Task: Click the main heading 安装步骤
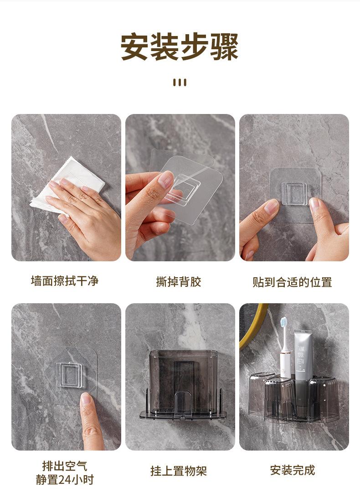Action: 180,47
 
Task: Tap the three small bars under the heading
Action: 180,83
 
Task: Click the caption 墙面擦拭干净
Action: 65,281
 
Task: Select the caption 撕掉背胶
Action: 179,282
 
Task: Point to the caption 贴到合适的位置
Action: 292,282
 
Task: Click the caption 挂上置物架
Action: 179,471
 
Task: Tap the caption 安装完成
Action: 293,470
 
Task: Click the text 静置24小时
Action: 65,480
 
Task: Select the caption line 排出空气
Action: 65,466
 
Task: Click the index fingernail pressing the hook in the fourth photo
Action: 86,398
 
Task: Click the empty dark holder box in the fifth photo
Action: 183,382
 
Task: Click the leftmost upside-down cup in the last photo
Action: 260,394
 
